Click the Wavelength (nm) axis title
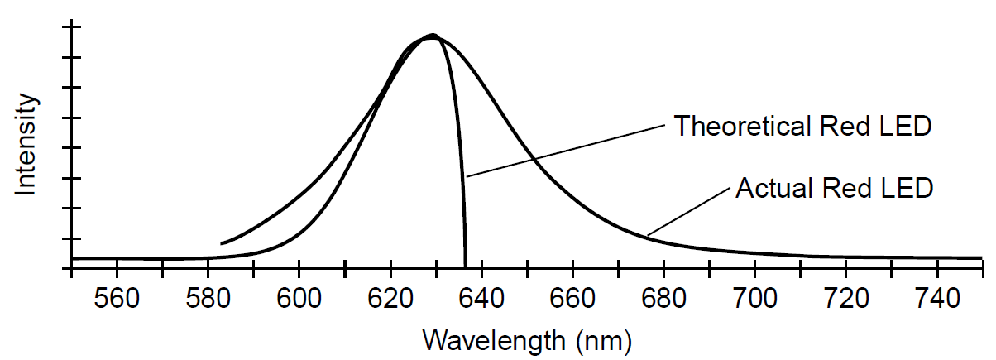[527, 339]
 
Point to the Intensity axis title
[27, 145]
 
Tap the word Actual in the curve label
[772, 188]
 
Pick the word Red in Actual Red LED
[845, 188]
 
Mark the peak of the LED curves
[432, 36]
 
